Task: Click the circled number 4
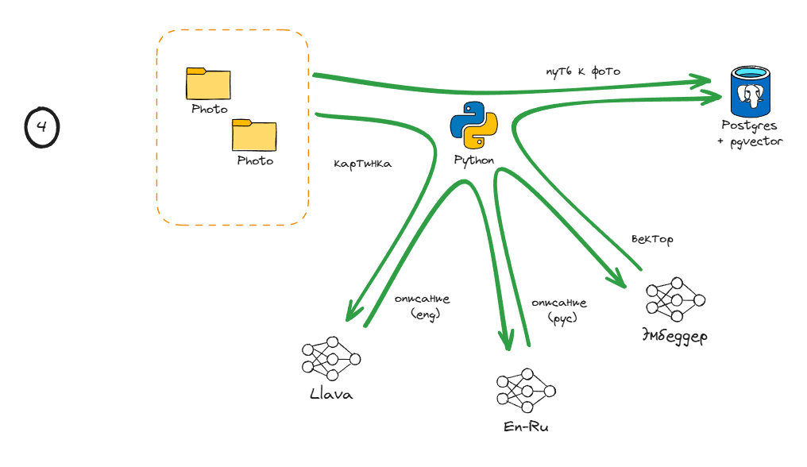tap(41, 127)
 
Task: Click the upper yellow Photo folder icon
tap(208, 84)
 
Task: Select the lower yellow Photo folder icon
tap(254, 135)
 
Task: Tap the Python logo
tap(474, 125)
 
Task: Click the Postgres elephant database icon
tap(750, 91)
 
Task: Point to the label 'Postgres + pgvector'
tap(749, 133)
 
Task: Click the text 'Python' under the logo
tap(474, 160)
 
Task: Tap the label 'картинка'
tap(362, 164)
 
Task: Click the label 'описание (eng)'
tap(423, 306)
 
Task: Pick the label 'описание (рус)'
tap(560, 309)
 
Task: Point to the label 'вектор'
tap(651, 239)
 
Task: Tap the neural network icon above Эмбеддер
tap(675, 299)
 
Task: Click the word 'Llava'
tap(331, 395)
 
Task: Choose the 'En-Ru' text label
tap(526, 427)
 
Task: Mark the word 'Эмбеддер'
tap(674, 336)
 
